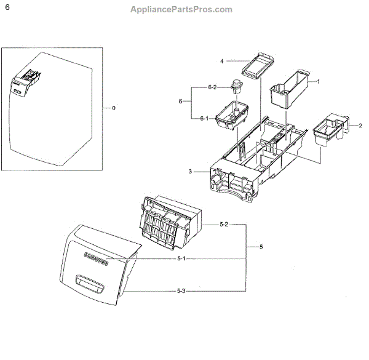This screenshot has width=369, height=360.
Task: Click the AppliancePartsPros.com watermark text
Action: pyautogui.click(x=181, y=9)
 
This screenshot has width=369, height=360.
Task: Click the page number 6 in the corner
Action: pyautogui.click(x=7, y=9)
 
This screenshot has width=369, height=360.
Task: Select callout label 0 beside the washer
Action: pyautogui.click(x=113, y=108)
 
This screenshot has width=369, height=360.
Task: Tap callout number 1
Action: pyautogui.click(x=318, y=81)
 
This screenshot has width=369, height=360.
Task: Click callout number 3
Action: pyautogui.click(x=191, y=172)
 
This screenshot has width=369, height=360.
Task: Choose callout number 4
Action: pyautogui.click(x=222, y=61)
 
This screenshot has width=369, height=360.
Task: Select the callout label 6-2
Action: pyautogui.click(x=212, y=87)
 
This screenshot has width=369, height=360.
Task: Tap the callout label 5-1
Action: pyautogui.click(x=181, y=258)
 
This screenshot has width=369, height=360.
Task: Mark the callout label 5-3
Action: pyautogui.click(x=181, y=290)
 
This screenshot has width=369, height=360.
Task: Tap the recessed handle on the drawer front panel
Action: pyautogui.click(x=89, y=282)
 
